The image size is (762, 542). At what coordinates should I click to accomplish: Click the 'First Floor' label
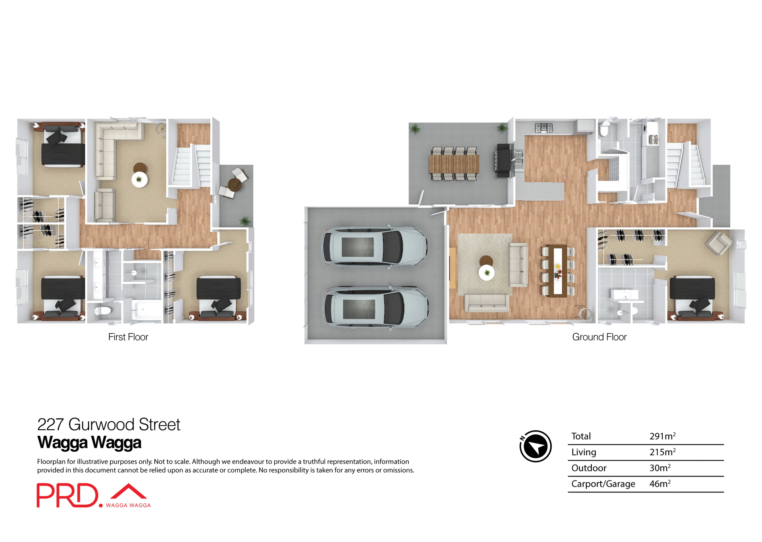coord(128,337)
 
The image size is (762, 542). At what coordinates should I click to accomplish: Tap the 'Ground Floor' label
coord(599,337)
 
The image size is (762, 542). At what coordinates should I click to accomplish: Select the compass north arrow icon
coord(535,446)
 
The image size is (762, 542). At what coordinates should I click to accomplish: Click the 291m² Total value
coord(662,436)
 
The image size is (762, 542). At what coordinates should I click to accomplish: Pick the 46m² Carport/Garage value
coord(660,484)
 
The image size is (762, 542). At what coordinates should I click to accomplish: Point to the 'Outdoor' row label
coord(589,468)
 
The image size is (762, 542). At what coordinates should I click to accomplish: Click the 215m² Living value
coord(662,452)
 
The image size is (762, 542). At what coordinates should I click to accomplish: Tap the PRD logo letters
coord(67,495)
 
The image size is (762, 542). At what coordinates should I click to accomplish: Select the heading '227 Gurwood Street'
coord(108,425)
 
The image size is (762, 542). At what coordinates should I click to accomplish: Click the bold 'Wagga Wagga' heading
coord(89,442)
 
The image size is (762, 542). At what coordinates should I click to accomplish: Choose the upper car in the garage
coord(375,247)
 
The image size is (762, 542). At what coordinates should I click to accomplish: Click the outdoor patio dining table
coord(454,163)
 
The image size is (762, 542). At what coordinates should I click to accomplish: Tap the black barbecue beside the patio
coord(503,160)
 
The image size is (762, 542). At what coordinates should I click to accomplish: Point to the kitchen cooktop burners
coord(543,127)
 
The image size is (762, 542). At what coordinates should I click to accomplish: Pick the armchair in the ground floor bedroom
coord(718,243)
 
